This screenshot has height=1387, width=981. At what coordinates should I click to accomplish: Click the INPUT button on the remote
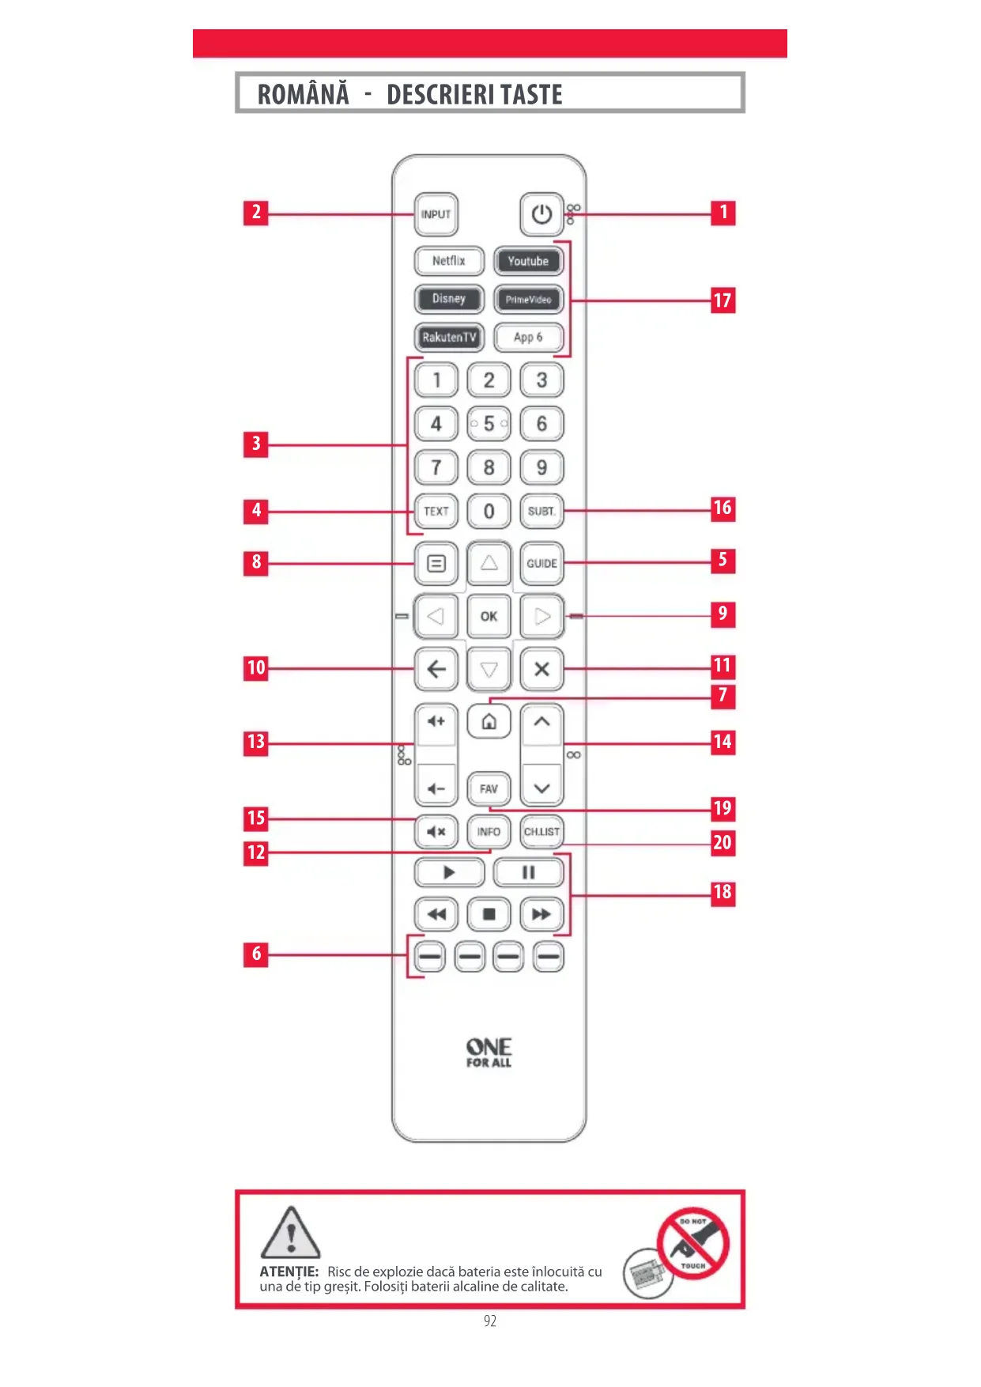436,214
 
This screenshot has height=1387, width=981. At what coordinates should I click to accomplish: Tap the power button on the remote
541,214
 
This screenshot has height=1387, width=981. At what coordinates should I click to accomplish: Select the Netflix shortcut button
448,261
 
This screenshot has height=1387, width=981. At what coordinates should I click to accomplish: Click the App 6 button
528,338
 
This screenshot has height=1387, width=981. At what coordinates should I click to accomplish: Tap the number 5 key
489,424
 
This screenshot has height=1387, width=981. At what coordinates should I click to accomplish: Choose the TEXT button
436,512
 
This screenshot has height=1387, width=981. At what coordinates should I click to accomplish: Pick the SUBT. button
541,512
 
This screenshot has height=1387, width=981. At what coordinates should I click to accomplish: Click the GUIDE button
541,564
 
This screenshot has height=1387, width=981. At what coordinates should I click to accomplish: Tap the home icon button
489,722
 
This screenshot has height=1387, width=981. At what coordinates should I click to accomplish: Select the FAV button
489,789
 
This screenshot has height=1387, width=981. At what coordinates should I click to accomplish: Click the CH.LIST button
541,832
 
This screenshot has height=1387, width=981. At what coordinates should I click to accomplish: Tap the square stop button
489,915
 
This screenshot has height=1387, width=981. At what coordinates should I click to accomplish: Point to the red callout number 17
723,300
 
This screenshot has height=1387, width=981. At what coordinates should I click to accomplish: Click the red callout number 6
256,954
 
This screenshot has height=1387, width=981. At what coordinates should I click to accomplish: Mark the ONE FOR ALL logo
489,1053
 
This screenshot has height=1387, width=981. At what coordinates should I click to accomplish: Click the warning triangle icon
290,1234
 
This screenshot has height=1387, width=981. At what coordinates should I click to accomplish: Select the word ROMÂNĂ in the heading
303,95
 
